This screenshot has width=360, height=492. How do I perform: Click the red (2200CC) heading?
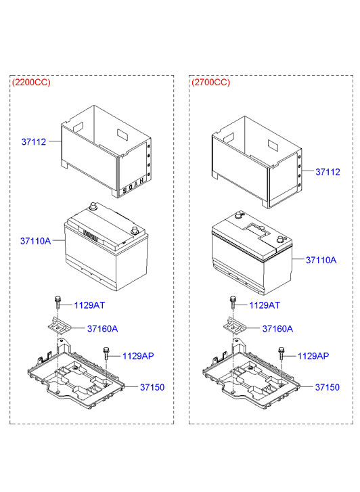[31, 83]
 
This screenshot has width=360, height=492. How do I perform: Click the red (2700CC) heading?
[210, 83]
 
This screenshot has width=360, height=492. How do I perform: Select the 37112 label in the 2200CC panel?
[34, 142]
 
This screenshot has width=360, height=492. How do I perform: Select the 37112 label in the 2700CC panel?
[328, 172]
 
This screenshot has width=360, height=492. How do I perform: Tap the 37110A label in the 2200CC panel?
[35, 241]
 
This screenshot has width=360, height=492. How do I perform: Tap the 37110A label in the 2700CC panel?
[321, 260]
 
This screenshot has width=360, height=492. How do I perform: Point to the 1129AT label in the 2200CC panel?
[89, 305]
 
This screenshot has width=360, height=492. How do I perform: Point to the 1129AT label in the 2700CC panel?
[265, 305]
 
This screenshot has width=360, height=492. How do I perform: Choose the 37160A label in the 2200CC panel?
[102, 329]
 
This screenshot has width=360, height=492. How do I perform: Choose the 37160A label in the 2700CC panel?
[277, 329]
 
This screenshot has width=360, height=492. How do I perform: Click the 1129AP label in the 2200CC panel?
[138, 356]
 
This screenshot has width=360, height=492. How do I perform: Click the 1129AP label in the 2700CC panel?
[313, 356]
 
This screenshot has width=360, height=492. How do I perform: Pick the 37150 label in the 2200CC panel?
[152, 387]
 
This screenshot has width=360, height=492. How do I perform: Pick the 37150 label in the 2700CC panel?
[328, 387]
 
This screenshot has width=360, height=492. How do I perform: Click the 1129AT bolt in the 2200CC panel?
[58, 302]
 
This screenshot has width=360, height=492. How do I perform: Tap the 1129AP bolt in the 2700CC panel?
[281, 353]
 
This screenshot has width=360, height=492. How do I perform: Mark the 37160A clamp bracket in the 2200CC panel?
[60, 326]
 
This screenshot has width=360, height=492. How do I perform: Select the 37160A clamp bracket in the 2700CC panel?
[234, 326]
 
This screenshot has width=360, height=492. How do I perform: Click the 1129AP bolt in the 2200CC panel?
[106, 353]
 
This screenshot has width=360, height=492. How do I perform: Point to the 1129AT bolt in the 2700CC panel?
[233, 302]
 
